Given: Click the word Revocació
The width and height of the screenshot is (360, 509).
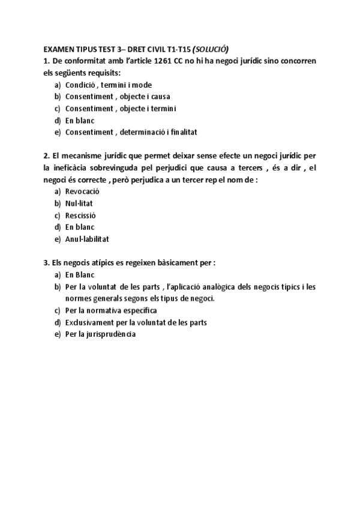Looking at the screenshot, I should (x=82, y=191).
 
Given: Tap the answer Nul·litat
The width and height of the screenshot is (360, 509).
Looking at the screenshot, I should (x=79, y=203).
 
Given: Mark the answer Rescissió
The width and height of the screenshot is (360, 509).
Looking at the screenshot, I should (x=80, y=215).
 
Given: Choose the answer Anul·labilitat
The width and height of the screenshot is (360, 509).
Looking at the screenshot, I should (x=87, y=238).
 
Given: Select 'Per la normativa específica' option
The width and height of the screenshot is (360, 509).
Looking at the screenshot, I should (x=111, y=310).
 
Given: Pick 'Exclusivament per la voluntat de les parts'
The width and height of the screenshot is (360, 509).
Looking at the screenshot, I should (x=136, y=322).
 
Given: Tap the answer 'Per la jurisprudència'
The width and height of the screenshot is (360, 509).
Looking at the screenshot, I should (x=100, y=334).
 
